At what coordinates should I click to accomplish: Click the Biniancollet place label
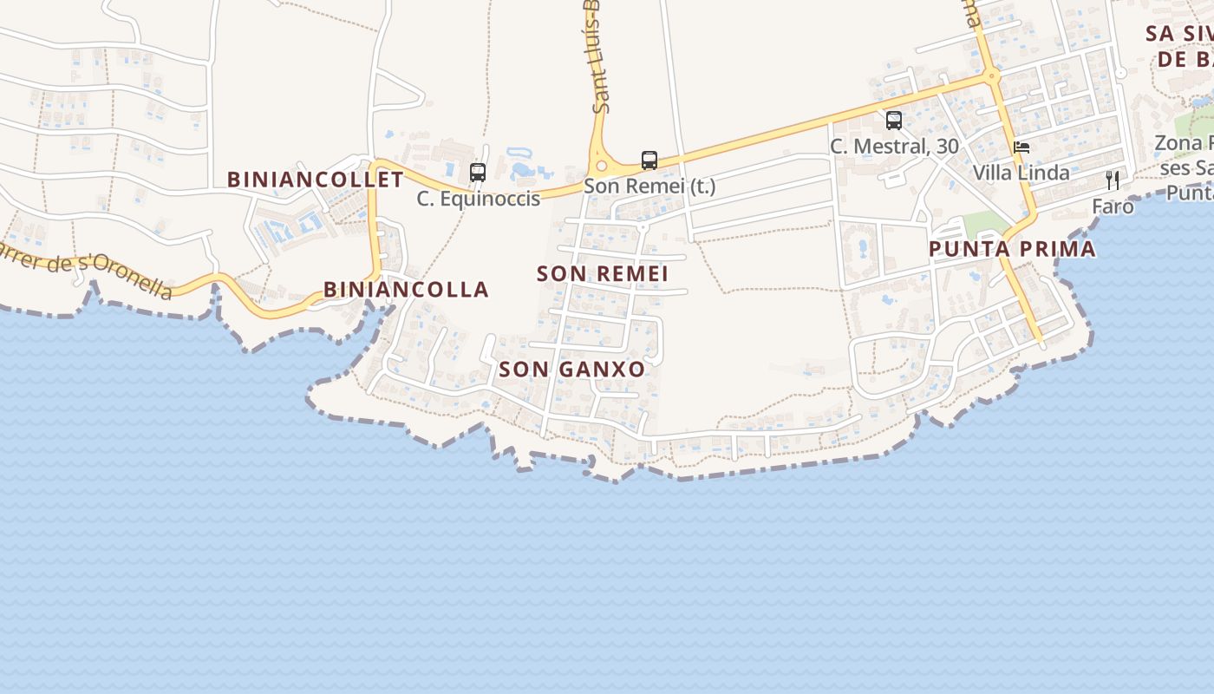tap(316, 180)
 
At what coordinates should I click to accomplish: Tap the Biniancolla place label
tap(406, 289)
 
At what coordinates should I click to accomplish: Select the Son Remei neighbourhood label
tap(603, 273)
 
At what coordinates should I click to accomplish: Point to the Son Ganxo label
tap(572, 369)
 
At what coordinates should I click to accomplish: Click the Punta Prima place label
tap(1012, 249)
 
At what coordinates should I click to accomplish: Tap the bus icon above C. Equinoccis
tap(478, 172)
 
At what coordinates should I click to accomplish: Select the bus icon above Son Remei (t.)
tap(649, 160)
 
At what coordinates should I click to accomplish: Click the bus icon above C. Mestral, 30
tap(894, 121)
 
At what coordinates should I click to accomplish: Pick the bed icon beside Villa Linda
tap(1021, 147)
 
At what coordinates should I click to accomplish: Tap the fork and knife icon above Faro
tap(1113, 180)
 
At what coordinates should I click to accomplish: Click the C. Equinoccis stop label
tap(478, 199)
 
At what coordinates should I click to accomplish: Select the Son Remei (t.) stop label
tap(649, 186)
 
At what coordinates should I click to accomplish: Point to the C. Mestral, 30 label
tap(894, 147)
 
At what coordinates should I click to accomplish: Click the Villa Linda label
tap(1021, 173)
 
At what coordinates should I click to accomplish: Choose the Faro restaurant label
tap(1113, 206)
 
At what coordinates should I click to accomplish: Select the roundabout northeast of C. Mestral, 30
tap(993, 76)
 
